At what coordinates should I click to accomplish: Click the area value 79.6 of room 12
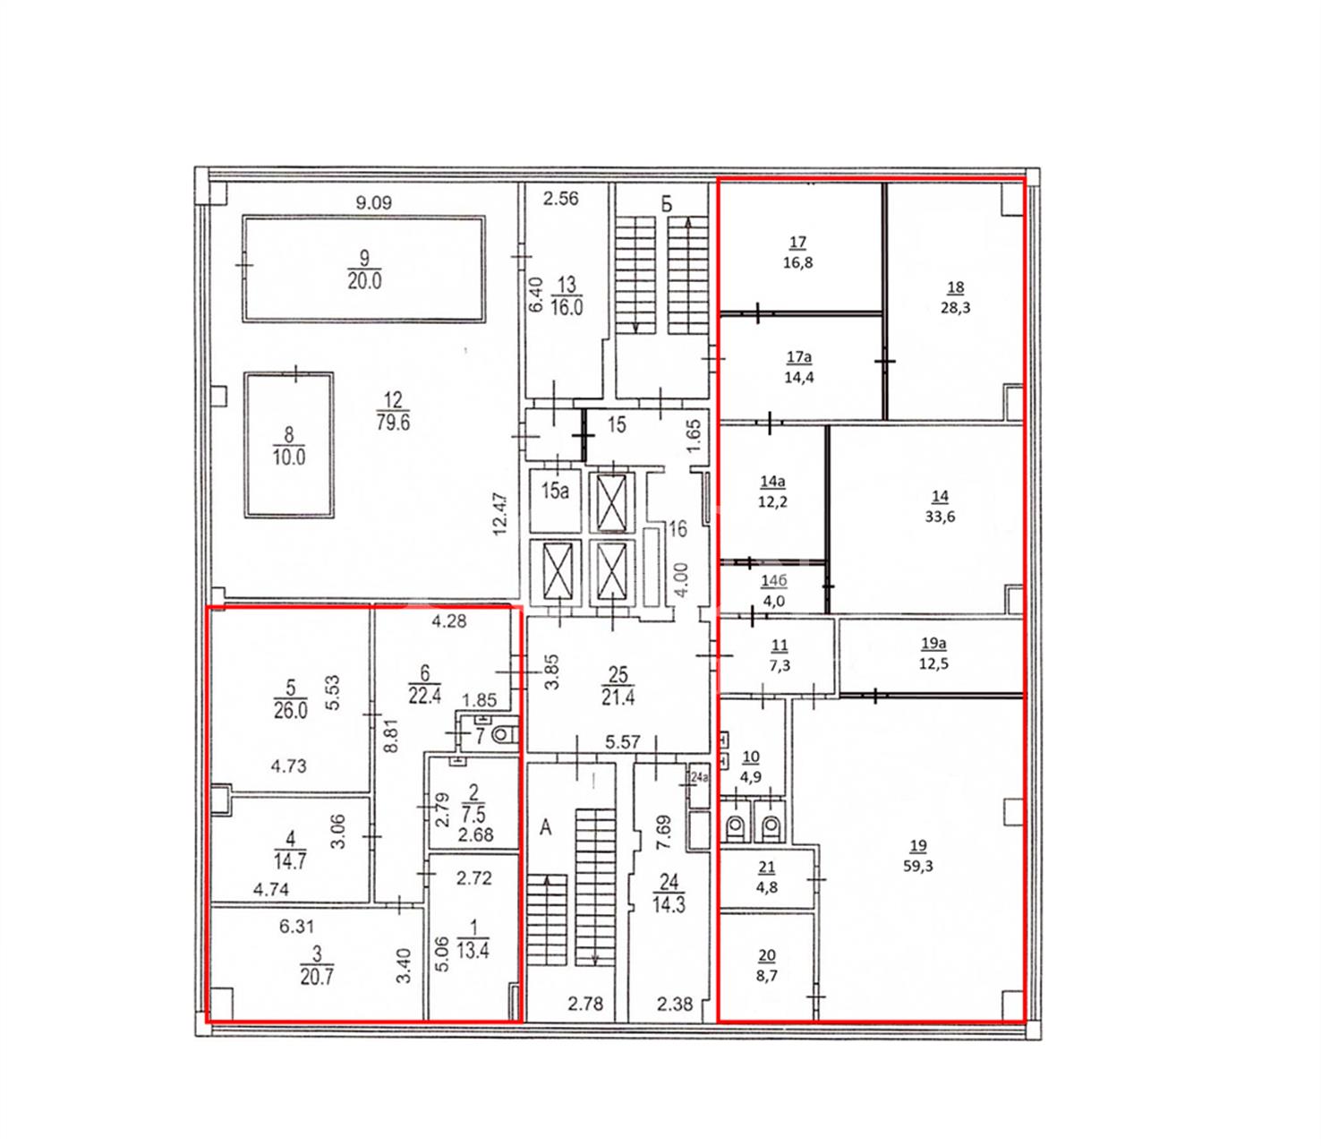click(x=393, y=422)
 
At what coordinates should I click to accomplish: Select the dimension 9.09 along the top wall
click(x=373, y=203)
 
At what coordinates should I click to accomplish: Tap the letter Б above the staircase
click(x=667, y=204)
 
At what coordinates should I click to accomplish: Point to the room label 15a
click(x=555, y=491)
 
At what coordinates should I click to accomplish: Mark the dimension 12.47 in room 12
click(x=499, y=514)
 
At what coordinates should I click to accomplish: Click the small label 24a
click(x=699, y=778)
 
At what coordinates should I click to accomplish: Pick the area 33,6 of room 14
click(x=940, y=516)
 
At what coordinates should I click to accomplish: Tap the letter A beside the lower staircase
click(x=545, y=827)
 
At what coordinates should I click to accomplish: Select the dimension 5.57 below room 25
click(x=623, y=742)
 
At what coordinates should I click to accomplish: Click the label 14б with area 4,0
click(x=773, y=591)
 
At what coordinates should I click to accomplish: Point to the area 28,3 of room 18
click(x=955, y=308)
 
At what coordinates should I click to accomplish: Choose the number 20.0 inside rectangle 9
click(x=364, y=281)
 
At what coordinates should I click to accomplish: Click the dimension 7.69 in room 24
click(x=663, y=832)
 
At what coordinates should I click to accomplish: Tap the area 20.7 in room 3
click(x=316, y=977)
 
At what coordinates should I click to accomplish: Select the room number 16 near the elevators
click(x=678, y=529)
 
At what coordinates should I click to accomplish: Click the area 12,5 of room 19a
click(x=933, y=663)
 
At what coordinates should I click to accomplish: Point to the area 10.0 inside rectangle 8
click(x=289, y=458)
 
